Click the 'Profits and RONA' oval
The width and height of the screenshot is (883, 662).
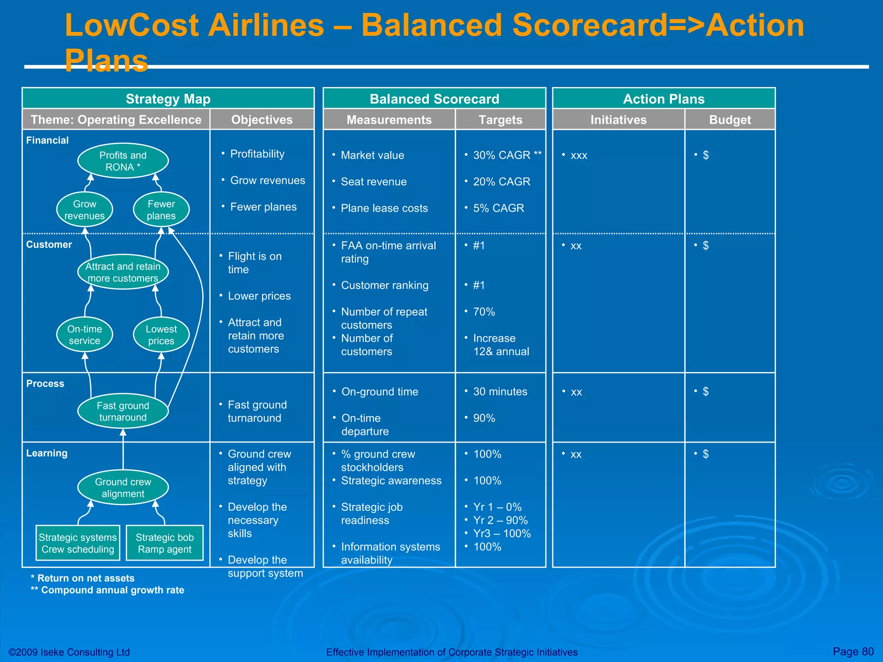pos(123,161)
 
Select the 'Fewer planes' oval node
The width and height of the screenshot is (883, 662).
pos(161,209)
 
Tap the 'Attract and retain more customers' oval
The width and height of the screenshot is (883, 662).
pos(123,272)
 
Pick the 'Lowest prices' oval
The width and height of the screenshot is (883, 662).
pos(161,335)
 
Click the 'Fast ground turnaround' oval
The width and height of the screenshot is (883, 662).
pos(123,411)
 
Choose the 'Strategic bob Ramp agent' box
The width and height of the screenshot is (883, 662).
pos(165,543)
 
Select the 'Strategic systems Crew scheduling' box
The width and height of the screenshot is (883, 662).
pos(78,543)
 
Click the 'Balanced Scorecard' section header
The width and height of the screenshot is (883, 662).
pos(434,99)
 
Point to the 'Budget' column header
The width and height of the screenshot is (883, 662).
pos(730,119)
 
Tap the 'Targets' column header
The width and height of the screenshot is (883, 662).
pos(500,119)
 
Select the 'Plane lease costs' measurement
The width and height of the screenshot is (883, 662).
pos(384,208)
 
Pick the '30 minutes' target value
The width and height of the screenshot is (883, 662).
pos(500,391)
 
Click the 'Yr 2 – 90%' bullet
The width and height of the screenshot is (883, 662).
pos(500,520)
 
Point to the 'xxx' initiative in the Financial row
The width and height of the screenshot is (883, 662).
pos(579,156)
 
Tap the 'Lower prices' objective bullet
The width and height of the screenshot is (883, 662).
pos(259,296)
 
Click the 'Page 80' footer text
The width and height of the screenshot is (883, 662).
pos(853,651)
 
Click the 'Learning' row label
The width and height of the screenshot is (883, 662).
pos(47,453)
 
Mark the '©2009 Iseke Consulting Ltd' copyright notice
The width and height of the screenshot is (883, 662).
pos(69,652)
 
